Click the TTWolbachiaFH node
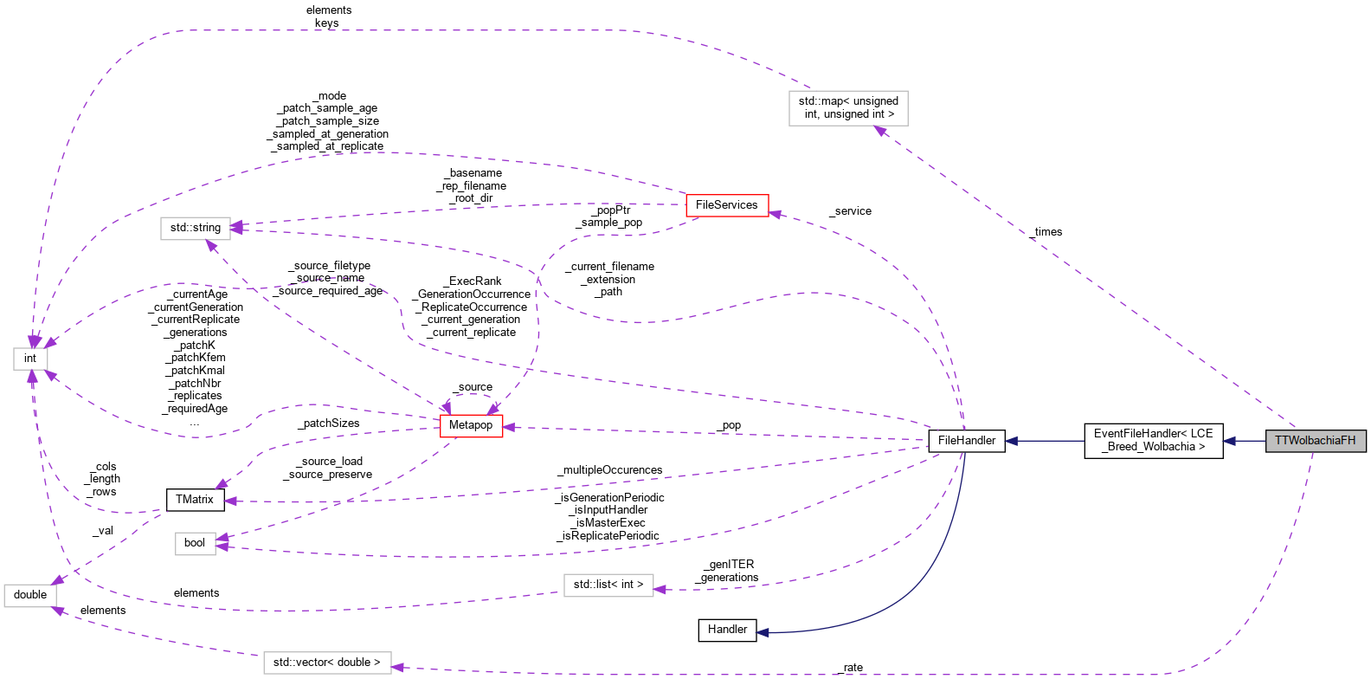click(x=1315, y=441)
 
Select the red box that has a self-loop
click(x=471, y=426)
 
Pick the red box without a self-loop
click(x=727, y=205)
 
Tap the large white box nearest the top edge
click(x=848, y=108)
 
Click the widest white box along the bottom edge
click(x=327, y=663)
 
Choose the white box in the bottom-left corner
click(x=30, y=596)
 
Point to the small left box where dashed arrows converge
click(x=30, y=359)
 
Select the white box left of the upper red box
click(x=196, y=229)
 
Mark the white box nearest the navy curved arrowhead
click(x=608, y=585)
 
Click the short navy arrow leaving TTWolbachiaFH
click(x=1243, y=441)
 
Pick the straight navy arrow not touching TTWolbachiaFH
click(x=1044, y=441)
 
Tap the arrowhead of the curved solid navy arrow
click(x=763, y=632)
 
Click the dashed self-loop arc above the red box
click(x=470, y=396)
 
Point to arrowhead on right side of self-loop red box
click(x=510, y=427)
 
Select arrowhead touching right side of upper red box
click(x=776, y=214)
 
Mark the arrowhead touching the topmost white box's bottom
click(x=880, y=131)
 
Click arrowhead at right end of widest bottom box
click(x=398, y=667)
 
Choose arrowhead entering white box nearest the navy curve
click(x=660, y=590)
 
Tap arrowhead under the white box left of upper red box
click(x=211, y=247)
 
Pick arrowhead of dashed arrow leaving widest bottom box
click(x=59, y=611)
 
